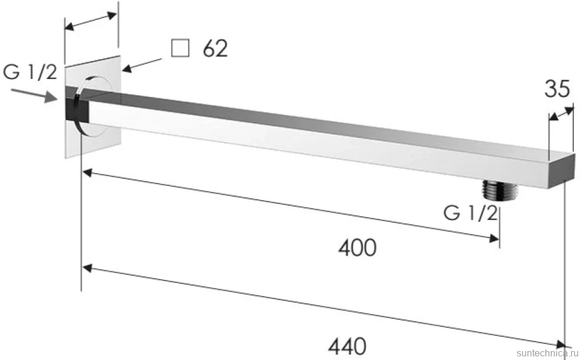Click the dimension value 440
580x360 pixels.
pyautogui.click(x=347, y=346)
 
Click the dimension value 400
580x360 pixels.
pyautogui.click(x=358, y=248)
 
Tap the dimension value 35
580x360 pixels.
pyautogui.click(x=557, y=89)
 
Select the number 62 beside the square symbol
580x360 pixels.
pyautogui.click(x=215, y=48)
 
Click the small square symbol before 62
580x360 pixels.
pyautogui.click(x=180, y=48)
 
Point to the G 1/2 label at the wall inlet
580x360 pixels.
pyautogui.click(x=30, y=72)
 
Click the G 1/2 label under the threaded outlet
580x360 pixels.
pyautogui.click(x=471, y=213)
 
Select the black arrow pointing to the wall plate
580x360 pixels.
pyautogui.click(x=142, y=65)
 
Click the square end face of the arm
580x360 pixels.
pyautogui.click(x=561, y=172)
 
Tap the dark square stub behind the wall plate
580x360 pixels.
pyautogui.click(x=77, y=104)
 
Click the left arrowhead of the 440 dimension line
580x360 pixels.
pyautogui.click(x=87, y=268)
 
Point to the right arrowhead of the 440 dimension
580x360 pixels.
pyautogui.click(x=560, y=344)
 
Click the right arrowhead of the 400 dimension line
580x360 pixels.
pyautogui.click(x=494, y=239)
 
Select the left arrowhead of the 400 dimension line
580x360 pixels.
pyautogui.click(x=87, y=172)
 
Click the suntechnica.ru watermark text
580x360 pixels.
pyautogui.click(x=548, y=353)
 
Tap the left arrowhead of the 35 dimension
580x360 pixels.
pyautogui.click(x=553, y=117)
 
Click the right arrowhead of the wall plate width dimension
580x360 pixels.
pyautogui.click(x=112, y=16)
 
